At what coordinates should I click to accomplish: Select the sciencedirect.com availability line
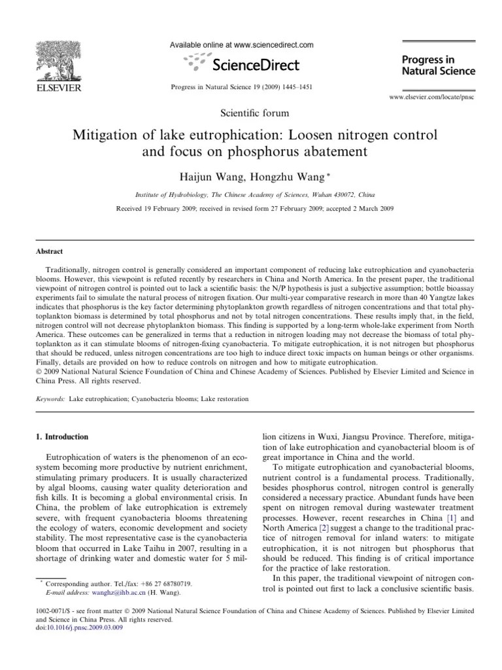242,45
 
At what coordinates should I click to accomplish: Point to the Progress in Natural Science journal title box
437,65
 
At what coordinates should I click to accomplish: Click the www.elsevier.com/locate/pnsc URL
431,96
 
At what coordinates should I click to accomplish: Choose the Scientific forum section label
251,113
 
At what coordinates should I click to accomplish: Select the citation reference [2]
323,537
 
